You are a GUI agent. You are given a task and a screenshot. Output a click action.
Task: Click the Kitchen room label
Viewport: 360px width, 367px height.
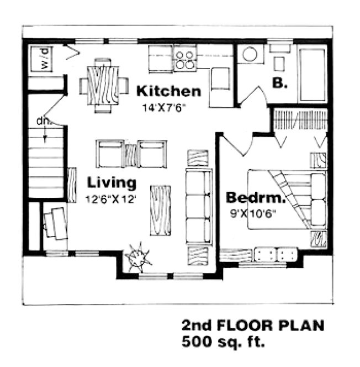pos(168,91)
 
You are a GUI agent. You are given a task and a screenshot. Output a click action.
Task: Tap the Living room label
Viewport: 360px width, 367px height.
pos(110,182)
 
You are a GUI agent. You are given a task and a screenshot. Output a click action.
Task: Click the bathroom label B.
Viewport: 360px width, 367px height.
pos(280,84)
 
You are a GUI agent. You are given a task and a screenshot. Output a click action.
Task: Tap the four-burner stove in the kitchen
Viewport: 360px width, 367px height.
pos(185,59)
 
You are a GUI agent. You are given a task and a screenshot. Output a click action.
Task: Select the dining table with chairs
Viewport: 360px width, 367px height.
pos(103,85)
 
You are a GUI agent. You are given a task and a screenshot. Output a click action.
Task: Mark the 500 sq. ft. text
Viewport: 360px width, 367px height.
pos(223,341)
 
